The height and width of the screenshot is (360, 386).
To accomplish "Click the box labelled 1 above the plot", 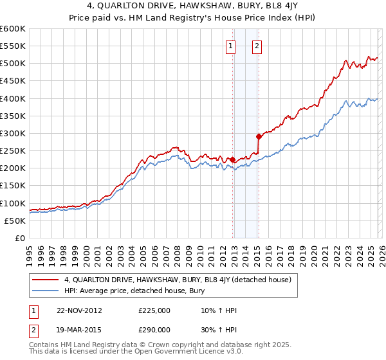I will click(231, 46).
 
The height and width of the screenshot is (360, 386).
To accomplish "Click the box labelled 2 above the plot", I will click(257, 46).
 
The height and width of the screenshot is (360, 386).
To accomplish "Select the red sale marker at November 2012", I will click(232, 159).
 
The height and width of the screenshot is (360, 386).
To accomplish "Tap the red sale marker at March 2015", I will click(259, 136).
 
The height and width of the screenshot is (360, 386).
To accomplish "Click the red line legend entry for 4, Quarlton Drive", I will click(178, 280).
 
